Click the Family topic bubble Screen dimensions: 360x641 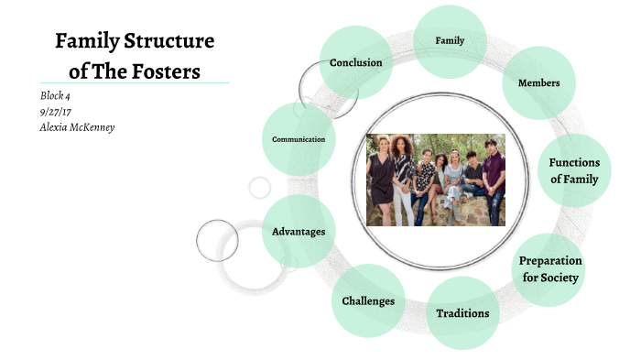pyautogui.click(x=450, y=41)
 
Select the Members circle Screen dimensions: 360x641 pyautogui.click(x=538, y=83)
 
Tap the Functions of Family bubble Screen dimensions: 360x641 pyautogui.click(x=573, y=170)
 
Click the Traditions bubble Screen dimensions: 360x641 pyautogui.click(x=462, y=313)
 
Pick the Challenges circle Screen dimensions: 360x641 pyautogui.click(x=368, y=300)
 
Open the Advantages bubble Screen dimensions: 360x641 pyautogui.click(x=299, y=232)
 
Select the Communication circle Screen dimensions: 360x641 pyautogui.click(x=299, y=139)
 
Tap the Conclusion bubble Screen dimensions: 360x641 pyautogui.click(x=356, y=62)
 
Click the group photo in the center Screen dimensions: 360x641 pyautogui.click(x=435, y=180)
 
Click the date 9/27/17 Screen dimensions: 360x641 pyautogui.click(x=56, y=111)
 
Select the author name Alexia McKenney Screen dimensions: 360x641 pyautogui.click(x=78, y=126)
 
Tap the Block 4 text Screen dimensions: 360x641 pyautogui.click(x=55, y=95)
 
